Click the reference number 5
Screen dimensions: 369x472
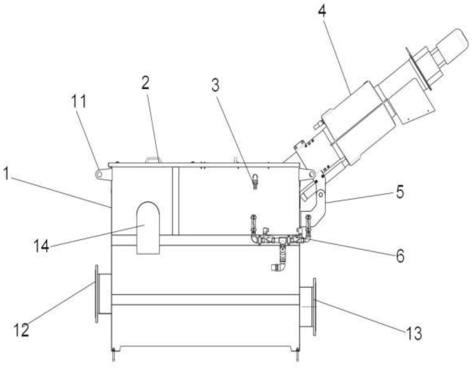pos(400,192)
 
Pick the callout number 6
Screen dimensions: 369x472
pos(400,256)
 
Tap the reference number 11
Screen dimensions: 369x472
pos(79,102)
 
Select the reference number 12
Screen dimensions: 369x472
pos(22,330)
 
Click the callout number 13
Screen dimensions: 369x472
pos(414,333)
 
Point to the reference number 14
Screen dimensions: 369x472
pos(41,246)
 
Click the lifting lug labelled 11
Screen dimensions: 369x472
pos(99,174)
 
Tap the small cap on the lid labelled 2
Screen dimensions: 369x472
pos(153,160)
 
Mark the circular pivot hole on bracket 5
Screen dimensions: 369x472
pos(321,195)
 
